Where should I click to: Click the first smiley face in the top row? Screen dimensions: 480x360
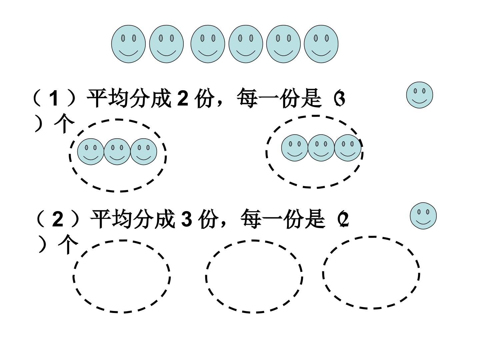pyautogui.click(x=128, y=44)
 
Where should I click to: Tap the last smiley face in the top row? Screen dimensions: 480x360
pyautogui.click(x=321, y=44)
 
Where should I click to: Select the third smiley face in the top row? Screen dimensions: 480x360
pyautogui.click(x=208, y=44)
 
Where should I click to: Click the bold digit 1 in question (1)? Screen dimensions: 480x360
pyautogui.click(x=54, y=98)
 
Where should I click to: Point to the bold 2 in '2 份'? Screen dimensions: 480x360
pyautogui.click(x=182, y=98)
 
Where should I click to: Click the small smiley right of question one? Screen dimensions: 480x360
pyautogui.click(x=419, y=95)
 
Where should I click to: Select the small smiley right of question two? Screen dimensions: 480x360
pyautogui.click(x=423, y=216)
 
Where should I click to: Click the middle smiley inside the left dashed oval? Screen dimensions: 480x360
pyautogui.click(x=117, y=151)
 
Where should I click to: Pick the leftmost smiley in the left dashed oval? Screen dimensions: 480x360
pyautogui.click(x=91, y=151)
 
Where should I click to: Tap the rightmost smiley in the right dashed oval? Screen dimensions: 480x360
pyautogui.click(x=347, y=148)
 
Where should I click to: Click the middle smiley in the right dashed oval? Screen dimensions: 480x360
pyautogui.click(x=321, y=148)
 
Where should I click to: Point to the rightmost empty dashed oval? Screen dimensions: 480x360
pyautogui.click(x=371, y=237)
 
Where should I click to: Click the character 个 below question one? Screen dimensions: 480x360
pyautogui.click(x=64, y=123)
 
